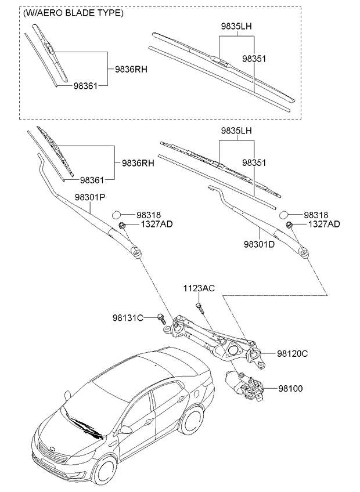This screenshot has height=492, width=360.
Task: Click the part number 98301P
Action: point(89,197)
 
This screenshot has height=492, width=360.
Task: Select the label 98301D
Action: point(259,244)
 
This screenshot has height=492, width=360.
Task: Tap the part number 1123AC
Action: point(199,288)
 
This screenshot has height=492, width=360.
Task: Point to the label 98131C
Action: point(128,317)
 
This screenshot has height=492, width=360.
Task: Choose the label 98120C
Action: point(292,353)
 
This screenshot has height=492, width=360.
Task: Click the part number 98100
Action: point(290,388)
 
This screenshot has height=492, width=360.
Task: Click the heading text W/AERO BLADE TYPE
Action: point(73,13)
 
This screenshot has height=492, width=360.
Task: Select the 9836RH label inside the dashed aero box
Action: point(131,68)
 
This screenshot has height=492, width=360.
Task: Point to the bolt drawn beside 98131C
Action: point(161,317)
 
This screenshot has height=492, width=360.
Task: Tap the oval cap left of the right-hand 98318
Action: point(284,214)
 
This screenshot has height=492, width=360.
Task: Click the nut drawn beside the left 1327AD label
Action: point(122,225)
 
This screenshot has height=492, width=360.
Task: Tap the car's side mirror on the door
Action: point(125,430)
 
